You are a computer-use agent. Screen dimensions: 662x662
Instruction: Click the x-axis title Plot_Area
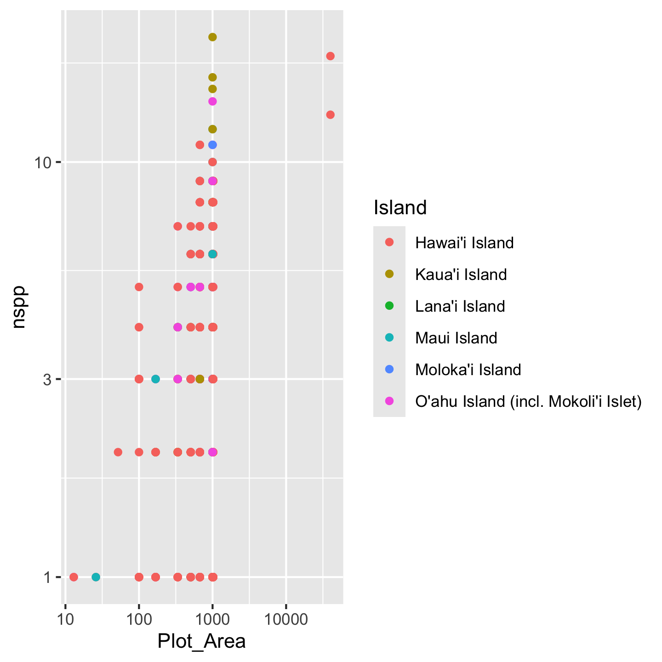(201, 641)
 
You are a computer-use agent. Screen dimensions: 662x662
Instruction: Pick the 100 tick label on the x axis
(139, 619)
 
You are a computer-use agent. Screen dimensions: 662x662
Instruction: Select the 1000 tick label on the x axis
(212, 619)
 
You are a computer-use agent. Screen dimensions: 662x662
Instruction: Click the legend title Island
(400, 208)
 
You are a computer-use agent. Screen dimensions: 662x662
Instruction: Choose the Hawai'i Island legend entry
(464, 242)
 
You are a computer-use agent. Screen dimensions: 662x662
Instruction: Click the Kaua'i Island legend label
(461, 274)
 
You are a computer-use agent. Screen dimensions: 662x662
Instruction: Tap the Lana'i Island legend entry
(460, 306)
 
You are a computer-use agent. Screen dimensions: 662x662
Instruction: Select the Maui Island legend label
(456, 338)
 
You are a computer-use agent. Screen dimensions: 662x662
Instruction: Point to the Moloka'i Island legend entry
(468, 370)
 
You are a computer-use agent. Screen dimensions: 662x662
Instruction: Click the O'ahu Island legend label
(528, 401)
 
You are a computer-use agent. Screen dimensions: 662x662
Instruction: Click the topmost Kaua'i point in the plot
(212, 37)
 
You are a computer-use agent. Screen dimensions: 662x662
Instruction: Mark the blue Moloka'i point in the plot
(212, 145)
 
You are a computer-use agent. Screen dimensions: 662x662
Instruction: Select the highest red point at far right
(330, 56)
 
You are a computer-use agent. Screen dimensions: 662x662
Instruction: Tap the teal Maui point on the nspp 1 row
(96, 577)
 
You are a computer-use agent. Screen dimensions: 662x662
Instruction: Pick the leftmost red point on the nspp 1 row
(74, 577)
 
